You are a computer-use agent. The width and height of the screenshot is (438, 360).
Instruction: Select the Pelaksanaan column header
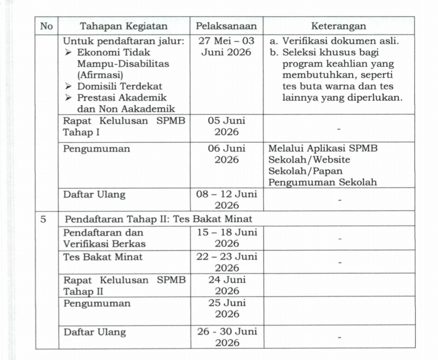tap(227, 26)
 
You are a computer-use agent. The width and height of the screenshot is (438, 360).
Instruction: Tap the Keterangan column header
tap(338, 26)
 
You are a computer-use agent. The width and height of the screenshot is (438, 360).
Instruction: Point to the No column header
tap(46, 26)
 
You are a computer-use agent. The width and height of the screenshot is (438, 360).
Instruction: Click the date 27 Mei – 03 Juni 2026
tap(227, 46)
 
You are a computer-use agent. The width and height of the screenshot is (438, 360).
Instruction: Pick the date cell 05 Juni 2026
tap(227, 127)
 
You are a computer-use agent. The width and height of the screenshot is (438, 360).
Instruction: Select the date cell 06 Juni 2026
tap(227, 155)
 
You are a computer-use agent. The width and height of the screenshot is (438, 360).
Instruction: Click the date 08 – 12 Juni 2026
tap(227, 199)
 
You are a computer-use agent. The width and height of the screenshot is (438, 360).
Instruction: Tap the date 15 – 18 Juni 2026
tap(227, 237)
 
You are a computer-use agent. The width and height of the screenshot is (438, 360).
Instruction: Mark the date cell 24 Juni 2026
tap(227, 285)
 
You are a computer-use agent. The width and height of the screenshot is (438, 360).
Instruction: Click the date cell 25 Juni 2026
tap(227, 309)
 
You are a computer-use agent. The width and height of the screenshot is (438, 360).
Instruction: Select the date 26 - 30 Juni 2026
tap(227, 337)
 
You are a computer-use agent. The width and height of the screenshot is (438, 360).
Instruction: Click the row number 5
tap(44, 219)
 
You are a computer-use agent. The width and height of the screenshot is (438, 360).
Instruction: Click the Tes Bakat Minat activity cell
tap(103, 257)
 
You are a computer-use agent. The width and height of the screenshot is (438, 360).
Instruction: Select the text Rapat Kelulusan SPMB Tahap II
tap(124, 285)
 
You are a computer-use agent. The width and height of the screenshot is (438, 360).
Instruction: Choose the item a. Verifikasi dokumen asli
tap(334, 41)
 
